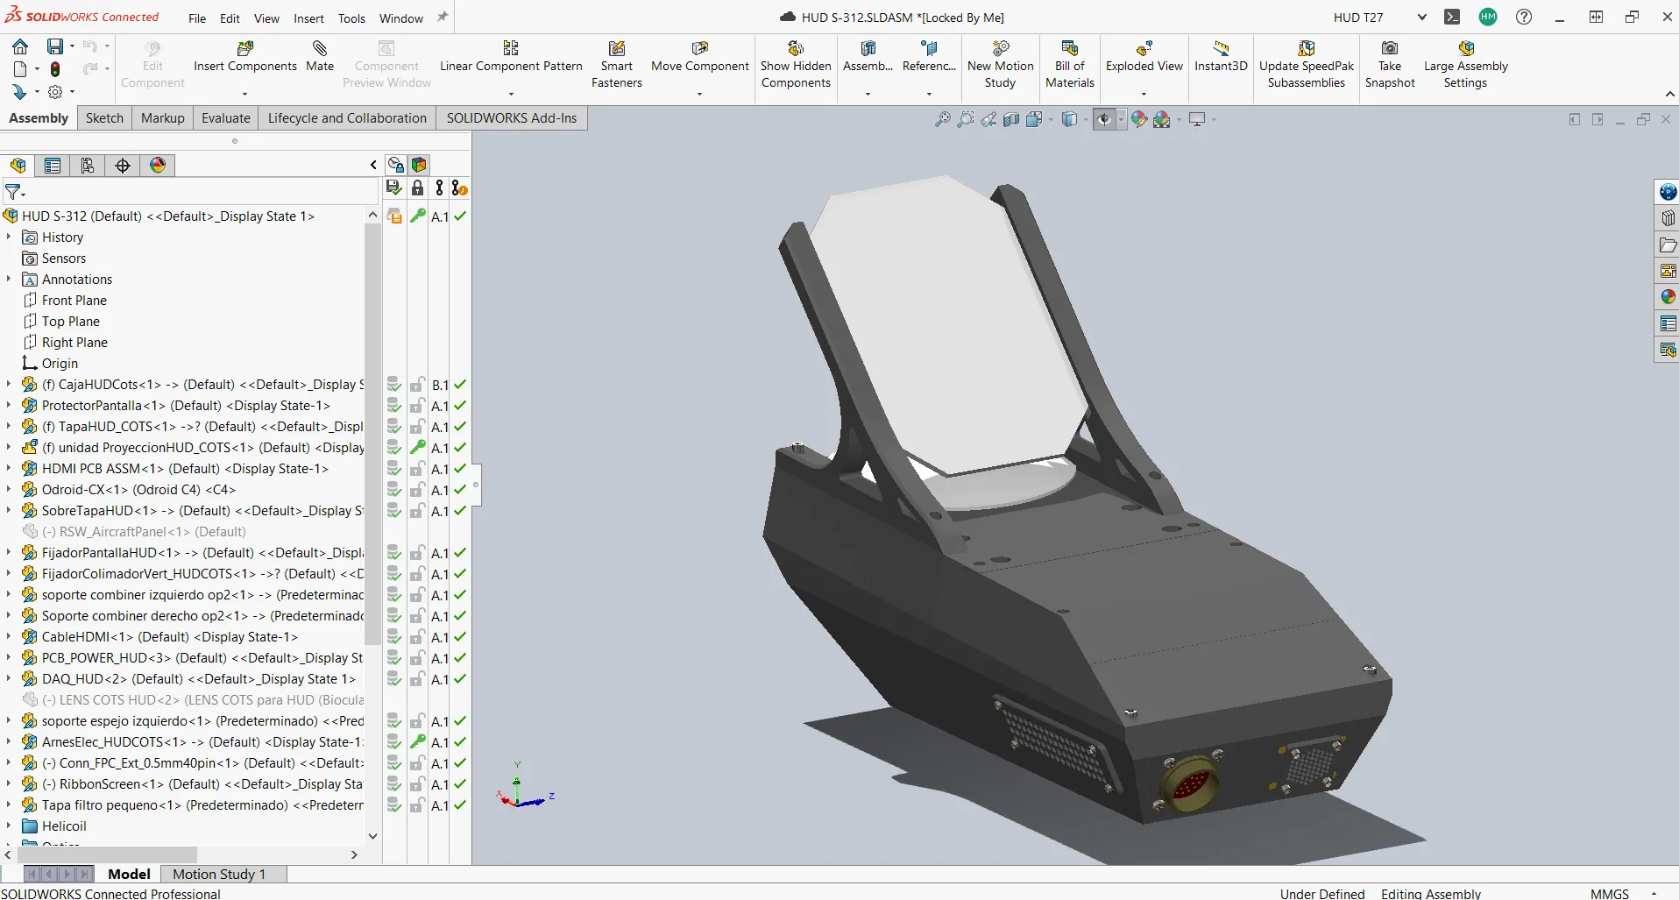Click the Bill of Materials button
1069,63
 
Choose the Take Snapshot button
1389,63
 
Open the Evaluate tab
225,118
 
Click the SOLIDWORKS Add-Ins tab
511,118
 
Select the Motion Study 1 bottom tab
218,874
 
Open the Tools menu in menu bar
351,18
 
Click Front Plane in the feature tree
74,301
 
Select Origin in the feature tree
60,364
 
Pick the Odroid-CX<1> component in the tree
138,490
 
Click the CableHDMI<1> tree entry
169,637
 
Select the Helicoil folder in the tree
64,826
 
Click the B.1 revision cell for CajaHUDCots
440,385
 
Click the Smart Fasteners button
616,63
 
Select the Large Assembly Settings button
1465,63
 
